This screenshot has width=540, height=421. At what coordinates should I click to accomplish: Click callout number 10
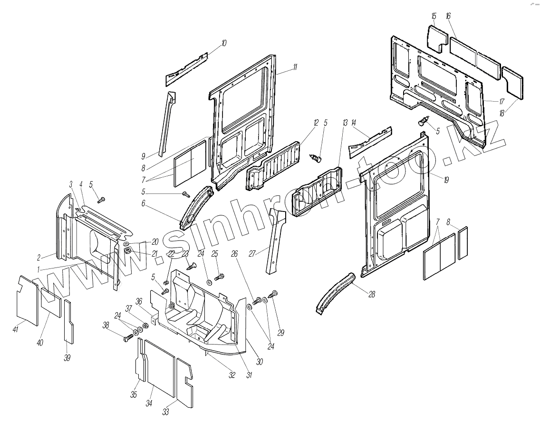point(223,43)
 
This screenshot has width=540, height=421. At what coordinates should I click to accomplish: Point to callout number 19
point(446,180)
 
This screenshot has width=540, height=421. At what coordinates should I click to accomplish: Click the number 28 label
point(372,295)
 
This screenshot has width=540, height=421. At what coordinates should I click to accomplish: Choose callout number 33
point(165,412)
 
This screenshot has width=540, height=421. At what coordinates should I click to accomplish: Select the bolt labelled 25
point(220,276)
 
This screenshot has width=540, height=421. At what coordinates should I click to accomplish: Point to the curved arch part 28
point(337,291)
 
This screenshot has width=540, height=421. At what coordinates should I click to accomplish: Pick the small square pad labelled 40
point(50,303)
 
